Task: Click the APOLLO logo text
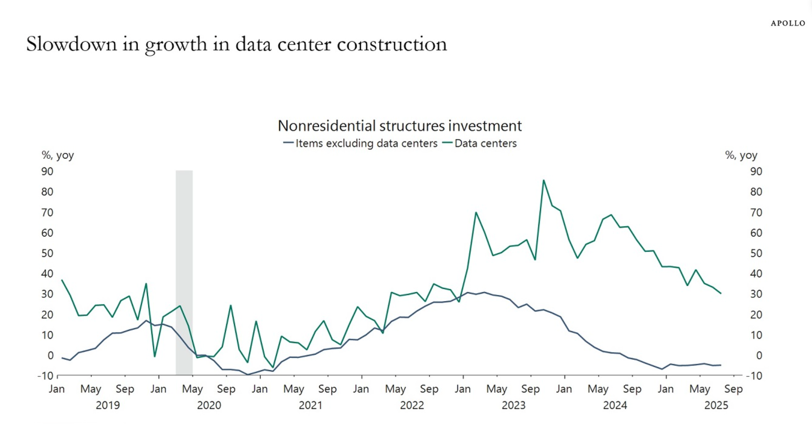788,24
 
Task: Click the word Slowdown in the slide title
71,44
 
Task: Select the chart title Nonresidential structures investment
400,126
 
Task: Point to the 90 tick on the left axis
47,171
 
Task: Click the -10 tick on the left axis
45,376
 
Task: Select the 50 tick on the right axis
756,253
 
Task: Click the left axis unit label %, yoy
58,155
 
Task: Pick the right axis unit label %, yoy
741,155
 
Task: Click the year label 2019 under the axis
108,405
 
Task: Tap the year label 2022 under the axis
412,405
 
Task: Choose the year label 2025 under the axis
716,405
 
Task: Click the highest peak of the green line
543,180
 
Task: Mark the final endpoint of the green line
721,293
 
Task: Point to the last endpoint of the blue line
721,365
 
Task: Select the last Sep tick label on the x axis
733,389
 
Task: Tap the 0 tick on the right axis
758,356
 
